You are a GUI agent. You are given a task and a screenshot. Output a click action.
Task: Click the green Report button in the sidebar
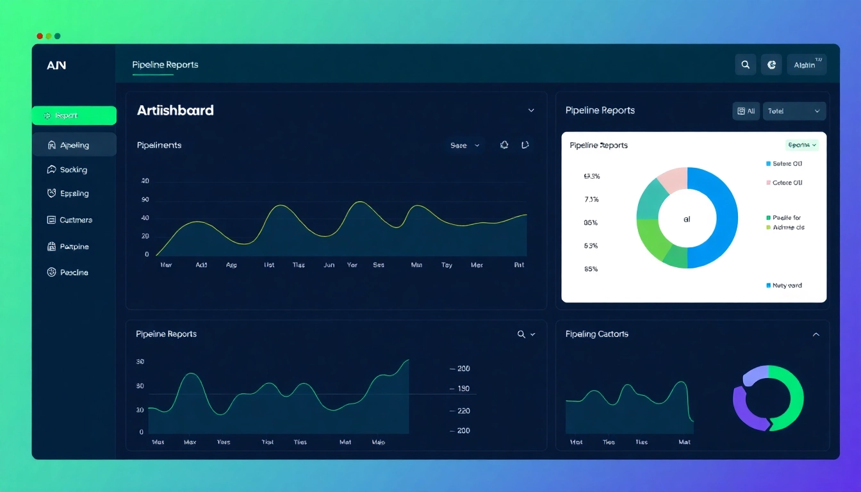pos(74,116)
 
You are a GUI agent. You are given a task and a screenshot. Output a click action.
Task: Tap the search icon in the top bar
pos(745,65)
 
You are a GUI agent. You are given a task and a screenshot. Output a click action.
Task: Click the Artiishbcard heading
pos(175,110)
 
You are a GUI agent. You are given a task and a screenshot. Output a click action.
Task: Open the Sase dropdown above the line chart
pos(464,145)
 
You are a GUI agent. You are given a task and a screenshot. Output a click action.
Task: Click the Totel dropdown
pos(794,111)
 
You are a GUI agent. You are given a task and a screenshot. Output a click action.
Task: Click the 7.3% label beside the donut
pos(591,199)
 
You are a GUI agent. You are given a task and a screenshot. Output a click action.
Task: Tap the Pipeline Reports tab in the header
pos(165,65)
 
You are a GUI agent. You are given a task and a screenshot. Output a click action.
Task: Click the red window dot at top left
pos(40,37)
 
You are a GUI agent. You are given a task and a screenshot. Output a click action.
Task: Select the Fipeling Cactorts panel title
pos(596,334)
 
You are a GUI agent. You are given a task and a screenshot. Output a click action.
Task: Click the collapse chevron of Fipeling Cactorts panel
pos(816,334)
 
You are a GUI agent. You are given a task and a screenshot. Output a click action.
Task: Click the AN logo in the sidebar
pos(56,65)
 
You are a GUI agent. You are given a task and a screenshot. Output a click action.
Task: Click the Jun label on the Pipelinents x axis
pos(329,265)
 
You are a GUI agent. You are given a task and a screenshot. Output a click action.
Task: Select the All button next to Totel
pos(746,111)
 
